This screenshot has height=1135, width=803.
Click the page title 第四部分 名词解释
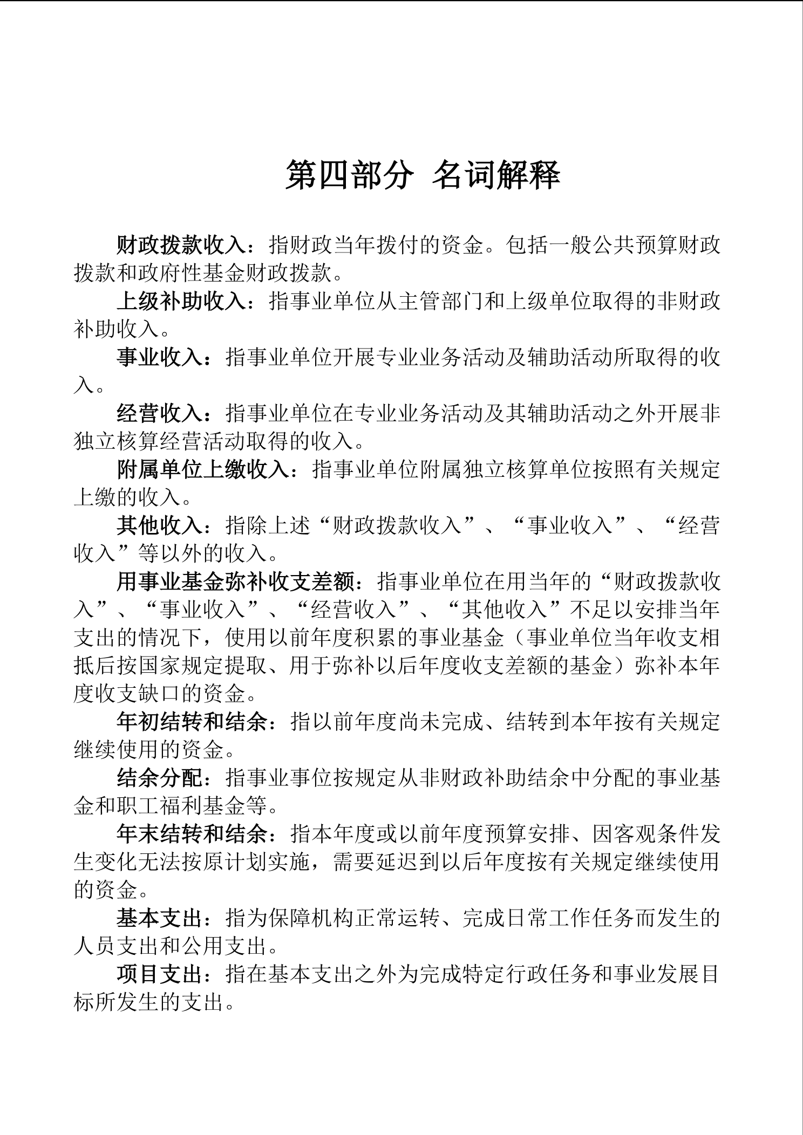pos(423,175)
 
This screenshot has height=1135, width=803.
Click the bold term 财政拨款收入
pos(181,245)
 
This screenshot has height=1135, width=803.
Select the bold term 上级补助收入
pos(181,302)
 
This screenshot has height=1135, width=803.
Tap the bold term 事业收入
pos(160,358)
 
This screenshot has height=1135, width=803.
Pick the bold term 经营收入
pos(160,414)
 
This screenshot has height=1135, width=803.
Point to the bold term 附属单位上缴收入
pos(203,470)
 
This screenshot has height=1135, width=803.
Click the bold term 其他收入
pos(160,526)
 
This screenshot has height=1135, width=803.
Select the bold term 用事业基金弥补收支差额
pos(235,582)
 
